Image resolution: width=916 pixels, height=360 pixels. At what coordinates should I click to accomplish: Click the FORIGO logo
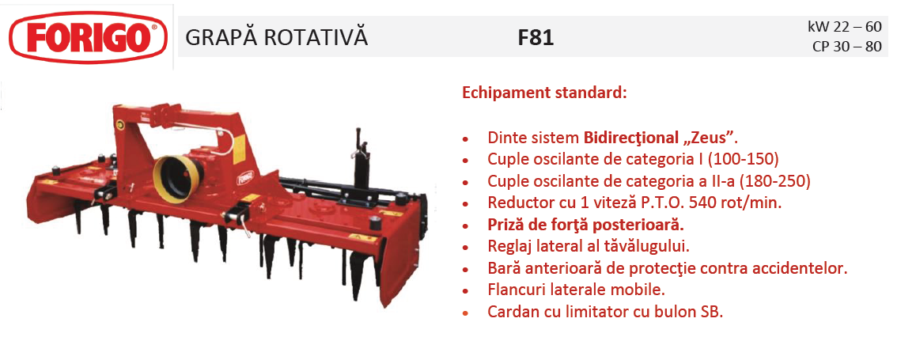tap(89, 37)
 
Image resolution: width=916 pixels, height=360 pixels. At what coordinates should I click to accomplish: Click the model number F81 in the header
tap(536, 38)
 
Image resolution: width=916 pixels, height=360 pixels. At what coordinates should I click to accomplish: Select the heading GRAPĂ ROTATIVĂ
tap(276, 36)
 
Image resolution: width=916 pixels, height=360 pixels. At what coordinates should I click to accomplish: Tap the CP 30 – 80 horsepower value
tap(846, 47)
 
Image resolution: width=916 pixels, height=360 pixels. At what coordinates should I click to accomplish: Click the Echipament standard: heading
tap(544, 93)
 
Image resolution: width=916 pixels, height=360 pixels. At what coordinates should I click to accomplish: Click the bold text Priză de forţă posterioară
tap(586, 225)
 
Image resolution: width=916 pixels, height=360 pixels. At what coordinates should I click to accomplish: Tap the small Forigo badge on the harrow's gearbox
tap(246, 176)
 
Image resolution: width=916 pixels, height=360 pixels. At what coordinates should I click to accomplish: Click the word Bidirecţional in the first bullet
tap(633, 138)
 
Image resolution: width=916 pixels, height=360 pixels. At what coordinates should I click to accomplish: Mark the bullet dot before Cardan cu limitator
tap(466, 313)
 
